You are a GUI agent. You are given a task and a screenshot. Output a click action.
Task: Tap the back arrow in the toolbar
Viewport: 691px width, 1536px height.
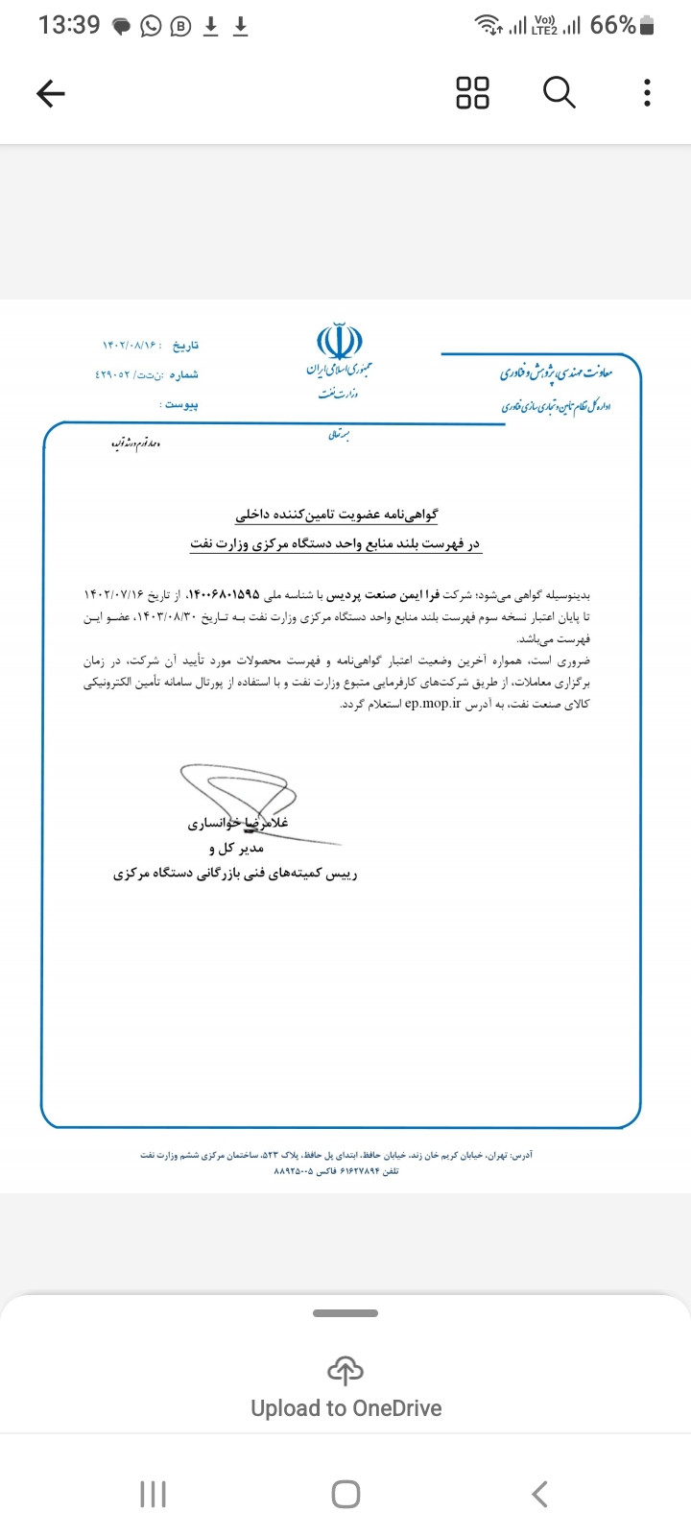click(x=51, y=93)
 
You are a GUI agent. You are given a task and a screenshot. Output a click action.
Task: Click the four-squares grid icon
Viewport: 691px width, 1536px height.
click(x=472, y=93)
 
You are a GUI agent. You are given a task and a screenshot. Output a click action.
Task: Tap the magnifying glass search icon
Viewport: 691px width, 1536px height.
click(x=559, y=93)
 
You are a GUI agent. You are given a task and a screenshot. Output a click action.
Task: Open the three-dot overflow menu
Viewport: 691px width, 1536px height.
click(x=647, y=93)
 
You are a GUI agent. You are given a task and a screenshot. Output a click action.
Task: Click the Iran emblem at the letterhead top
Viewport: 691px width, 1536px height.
click(x=340, y=342)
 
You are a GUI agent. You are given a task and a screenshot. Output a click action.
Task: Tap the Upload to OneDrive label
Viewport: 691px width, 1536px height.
click(x=345, y=1408)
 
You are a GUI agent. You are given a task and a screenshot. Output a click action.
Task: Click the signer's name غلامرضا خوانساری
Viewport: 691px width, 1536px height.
click(x=238, y=823)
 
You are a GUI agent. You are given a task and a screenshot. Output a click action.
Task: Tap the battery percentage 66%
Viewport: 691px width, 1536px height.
click(x=612, y=26)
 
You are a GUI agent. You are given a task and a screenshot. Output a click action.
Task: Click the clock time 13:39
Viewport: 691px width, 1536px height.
click(x=69, y=26)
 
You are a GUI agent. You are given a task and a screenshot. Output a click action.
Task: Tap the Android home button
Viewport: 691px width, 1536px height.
click(x=345, y=1494)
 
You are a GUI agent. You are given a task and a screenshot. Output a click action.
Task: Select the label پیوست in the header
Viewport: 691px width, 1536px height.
click(x=181, y=405)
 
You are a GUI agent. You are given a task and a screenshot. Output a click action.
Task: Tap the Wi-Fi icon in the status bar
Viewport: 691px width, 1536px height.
click(x=489, y=26)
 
